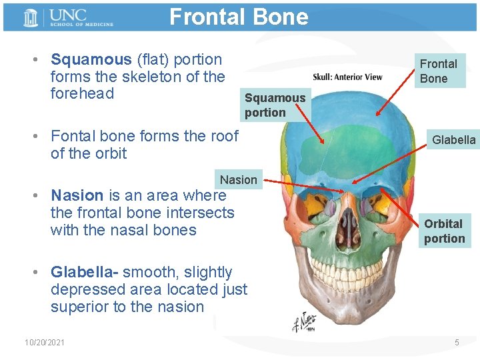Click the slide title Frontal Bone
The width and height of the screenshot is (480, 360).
(x=239, y=17)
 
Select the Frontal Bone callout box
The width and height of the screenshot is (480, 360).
(x=438, y=71)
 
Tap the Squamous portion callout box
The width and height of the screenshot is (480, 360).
(x=275, y=105)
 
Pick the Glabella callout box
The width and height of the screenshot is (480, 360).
(x=453, y=140)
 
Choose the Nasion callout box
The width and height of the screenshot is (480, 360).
(x=238, y=179)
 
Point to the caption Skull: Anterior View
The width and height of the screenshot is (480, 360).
(x=348, y=77)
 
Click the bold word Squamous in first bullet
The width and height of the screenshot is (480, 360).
(x=91, y=59)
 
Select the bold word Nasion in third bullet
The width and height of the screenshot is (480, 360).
(x=77, y=195)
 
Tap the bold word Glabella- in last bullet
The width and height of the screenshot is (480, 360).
(x=85, y=272)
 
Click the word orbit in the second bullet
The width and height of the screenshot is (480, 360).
(x=111, y=153)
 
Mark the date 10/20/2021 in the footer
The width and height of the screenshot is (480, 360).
(x=45, y=342)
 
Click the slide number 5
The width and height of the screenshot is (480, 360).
(x=457, y=342)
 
